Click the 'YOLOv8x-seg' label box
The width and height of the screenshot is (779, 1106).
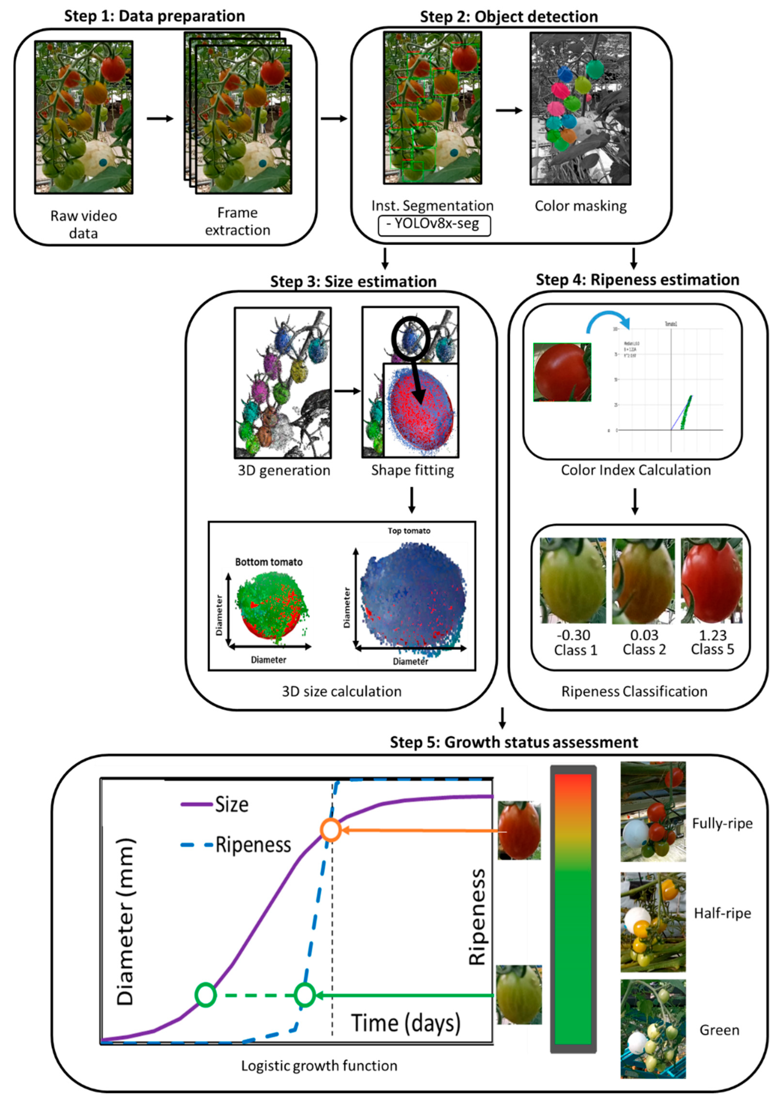[x=434, y=225]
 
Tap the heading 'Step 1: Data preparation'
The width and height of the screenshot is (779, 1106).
[x=155, y=16]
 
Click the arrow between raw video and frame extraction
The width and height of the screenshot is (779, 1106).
[x=159, y=119]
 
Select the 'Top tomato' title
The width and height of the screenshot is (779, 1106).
[x=409, y=531]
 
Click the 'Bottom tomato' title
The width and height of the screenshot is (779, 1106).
[x=269, y=562]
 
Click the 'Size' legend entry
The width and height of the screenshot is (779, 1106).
[x=232, y=804]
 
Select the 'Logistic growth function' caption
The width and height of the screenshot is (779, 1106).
[x=319, y=1066]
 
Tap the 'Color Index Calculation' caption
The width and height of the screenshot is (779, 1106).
[x=635, y=470]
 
